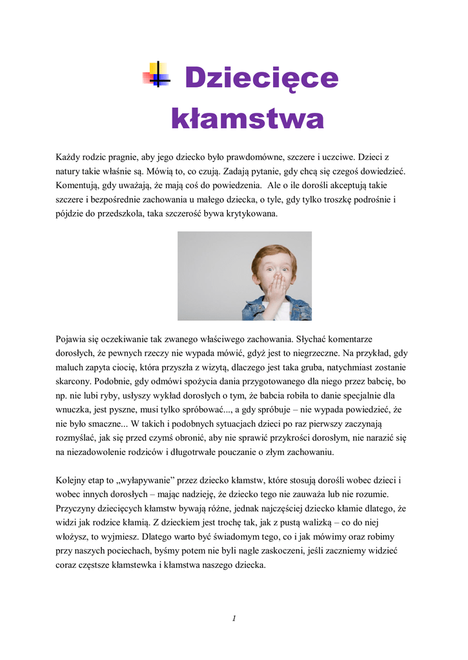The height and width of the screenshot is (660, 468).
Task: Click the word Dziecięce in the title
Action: click(x=261, y=79)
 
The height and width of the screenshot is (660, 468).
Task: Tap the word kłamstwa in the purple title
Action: click(x=247, y=119)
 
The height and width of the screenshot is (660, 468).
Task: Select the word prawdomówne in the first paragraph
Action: click(x=259, y=157)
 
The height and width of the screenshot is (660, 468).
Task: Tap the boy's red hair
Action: click(x=274, y=254)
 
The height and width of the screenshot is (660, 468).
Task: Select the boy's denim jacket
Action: click(x=255, y=309)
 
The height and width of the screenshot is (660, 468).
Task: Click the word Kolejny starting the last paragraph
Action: click(x=72, y=480)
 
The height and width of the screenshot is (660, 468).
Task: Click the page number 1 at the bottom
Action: click(x=234, y=619)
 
